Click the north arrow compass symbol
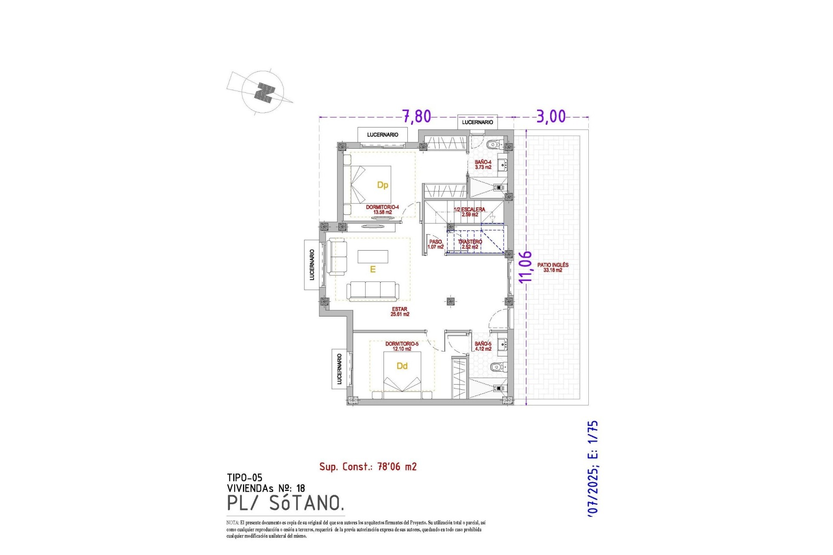click(263, 92)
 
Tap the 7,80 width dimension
click(416, 116)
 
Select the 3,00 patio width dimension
click(551, 116)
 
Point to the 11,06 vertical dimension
click(525, 267)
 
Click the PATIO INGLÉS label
click(553, 267)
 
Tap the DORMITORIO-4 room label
click(382, 209)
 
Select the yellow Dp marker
click(382, 185)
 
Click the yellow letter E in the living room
click(372, 270)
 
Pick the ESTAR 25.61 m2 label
click(400, 312)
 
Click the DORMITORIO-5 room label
click(402, 346)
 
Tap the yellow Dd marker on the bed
click(402, 366)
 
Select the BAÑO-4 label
click(483, 164)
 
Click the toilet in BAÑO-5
click(497, 368)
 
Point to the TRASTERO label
click(470, 244)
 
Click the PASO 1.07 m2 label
click(436, 244)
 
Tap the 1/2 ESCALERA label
click(469, 212)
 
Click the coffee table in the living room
click(373, 257)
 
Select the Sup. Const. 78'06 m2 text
click(368, 467)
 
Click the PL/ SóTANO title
click(285, 503)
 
